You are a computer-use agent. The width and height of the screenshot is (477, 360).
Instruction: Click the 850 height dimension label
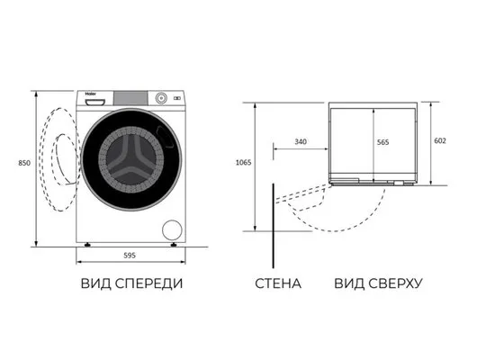tap(24, 163)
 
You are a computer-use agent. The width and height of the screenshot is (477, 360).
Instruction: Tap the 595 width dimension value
tap(130, 256)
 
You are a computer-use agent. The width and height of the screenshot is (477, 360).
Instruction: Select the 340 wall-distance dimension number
tap(301, 142)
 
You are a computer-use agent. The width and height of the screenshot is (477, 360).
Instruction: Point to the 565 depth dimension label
tap(383, 142)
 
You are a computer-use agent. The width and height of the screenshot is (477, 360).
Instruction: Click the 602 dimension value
tap(440, 140)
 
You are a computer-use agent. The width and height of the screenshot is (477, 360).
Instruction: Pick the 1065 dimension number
tap(244, 163)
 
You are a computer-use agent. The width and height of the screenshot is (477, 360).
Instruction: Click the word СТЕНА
tap(278, 283)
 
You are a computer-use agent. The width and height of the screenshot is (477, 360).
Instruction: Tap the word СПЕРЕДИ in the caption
tap(149, 283)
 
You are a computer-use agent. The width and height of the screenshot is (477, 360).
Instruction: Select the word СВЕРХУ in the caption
tap(395, 283)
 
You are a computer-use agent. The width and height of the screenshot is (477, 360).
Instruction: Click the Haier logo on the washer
tap(90, 94)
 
